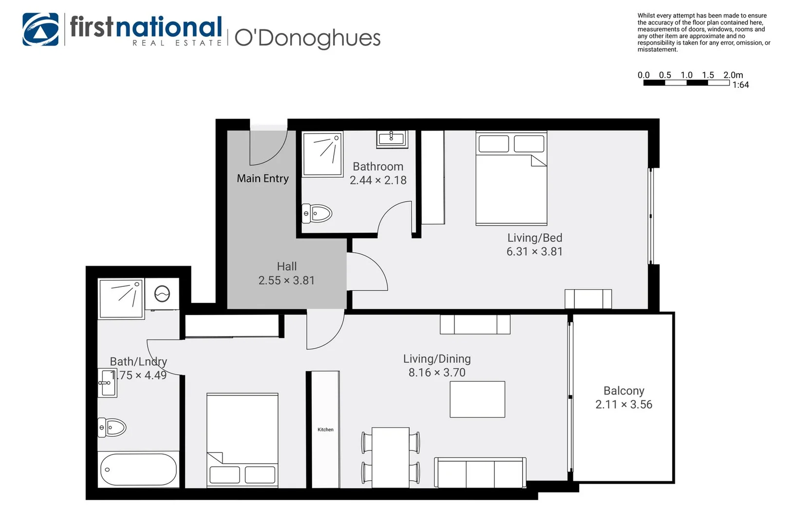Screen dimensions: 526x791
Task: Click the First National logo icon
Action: coord(40,29)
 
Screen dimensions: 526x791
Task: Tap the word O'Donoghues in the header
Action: coord(307,38)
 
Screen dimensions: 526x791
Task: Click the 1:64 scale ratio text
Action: coord(740,85)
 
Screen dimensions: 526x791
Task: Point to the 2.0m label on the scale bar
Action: coord(733,75)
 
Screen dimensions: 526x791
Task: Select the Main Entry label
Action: coord(263,179)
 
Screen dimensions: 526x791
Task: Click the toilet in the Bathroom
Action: coord(317,213)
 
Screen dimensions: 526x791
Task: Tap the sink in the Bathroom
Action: coord(392,139)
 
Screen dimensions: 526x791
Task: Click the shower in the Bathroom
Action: coord(322,153)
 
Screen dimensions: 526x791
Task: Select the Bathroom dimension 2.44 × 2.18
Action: coord(378,180)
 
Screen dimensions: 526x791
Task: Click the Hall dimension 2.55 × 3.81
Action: coord(286,281)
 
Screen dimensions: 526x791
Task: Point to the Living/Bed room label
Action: coord(535,238)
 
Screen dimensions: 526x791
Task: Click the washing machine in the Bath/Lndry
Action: coord(162,294)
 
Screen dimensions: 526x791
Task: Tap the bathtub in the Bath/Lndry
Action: coord(138,470)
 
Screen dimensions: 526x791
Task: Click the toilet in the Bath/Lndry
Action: coord(112,428)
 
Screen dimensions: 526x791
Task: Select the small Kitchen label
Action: coord(325,430)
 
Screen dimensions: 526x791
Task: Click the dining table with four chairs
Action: coord(390,457)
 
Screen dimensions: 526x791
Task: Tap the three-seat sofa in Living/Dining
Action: coord(480,472)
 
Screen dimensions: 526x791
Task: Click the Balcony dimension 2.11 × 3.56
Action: coord(623,405)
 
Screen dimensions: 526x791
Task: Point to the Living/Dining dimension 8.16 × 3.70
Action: coord(437,373)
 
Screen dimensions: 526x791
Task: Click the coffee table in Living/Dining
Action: coord(477,399)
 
